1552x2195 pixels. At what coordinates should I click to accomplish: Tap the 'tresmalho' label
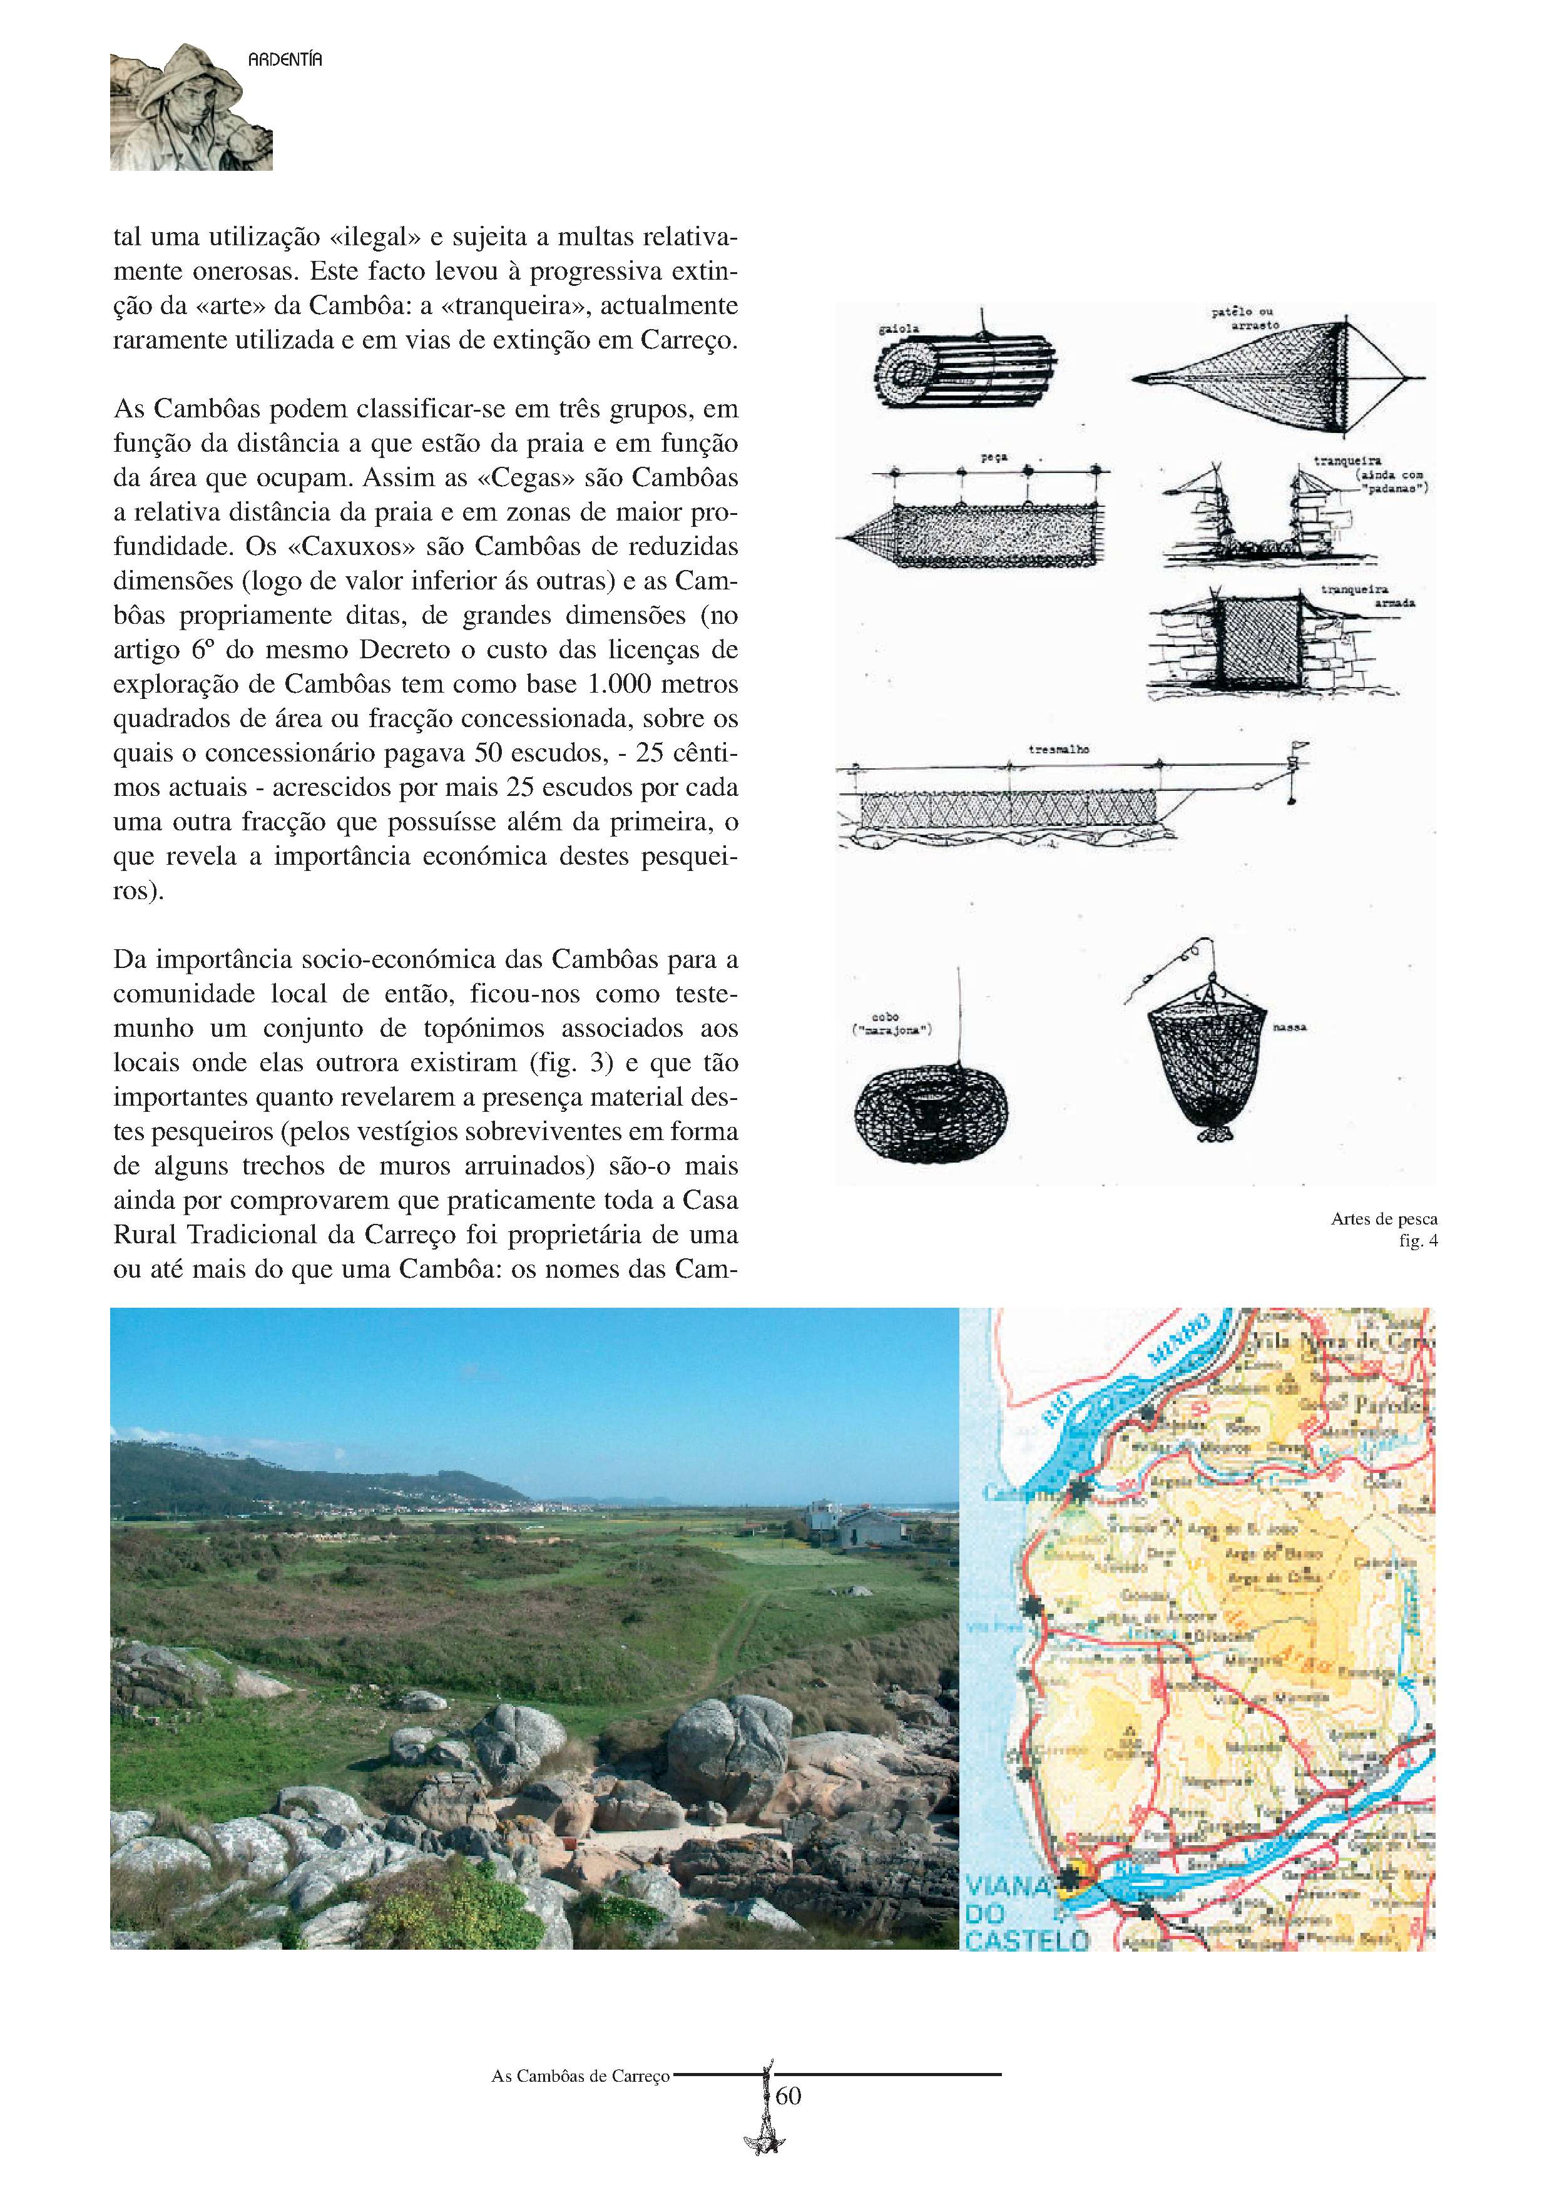tap(1059, 750)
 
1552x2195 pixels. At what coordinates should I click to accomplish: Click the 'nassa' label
tap(1290, 1027)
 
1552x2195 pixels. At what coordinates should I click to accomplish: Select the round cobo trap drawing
tap(929, 1113)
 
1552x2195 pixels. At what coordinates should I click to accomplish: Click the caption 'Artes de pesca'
tap(1383, 1219)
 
